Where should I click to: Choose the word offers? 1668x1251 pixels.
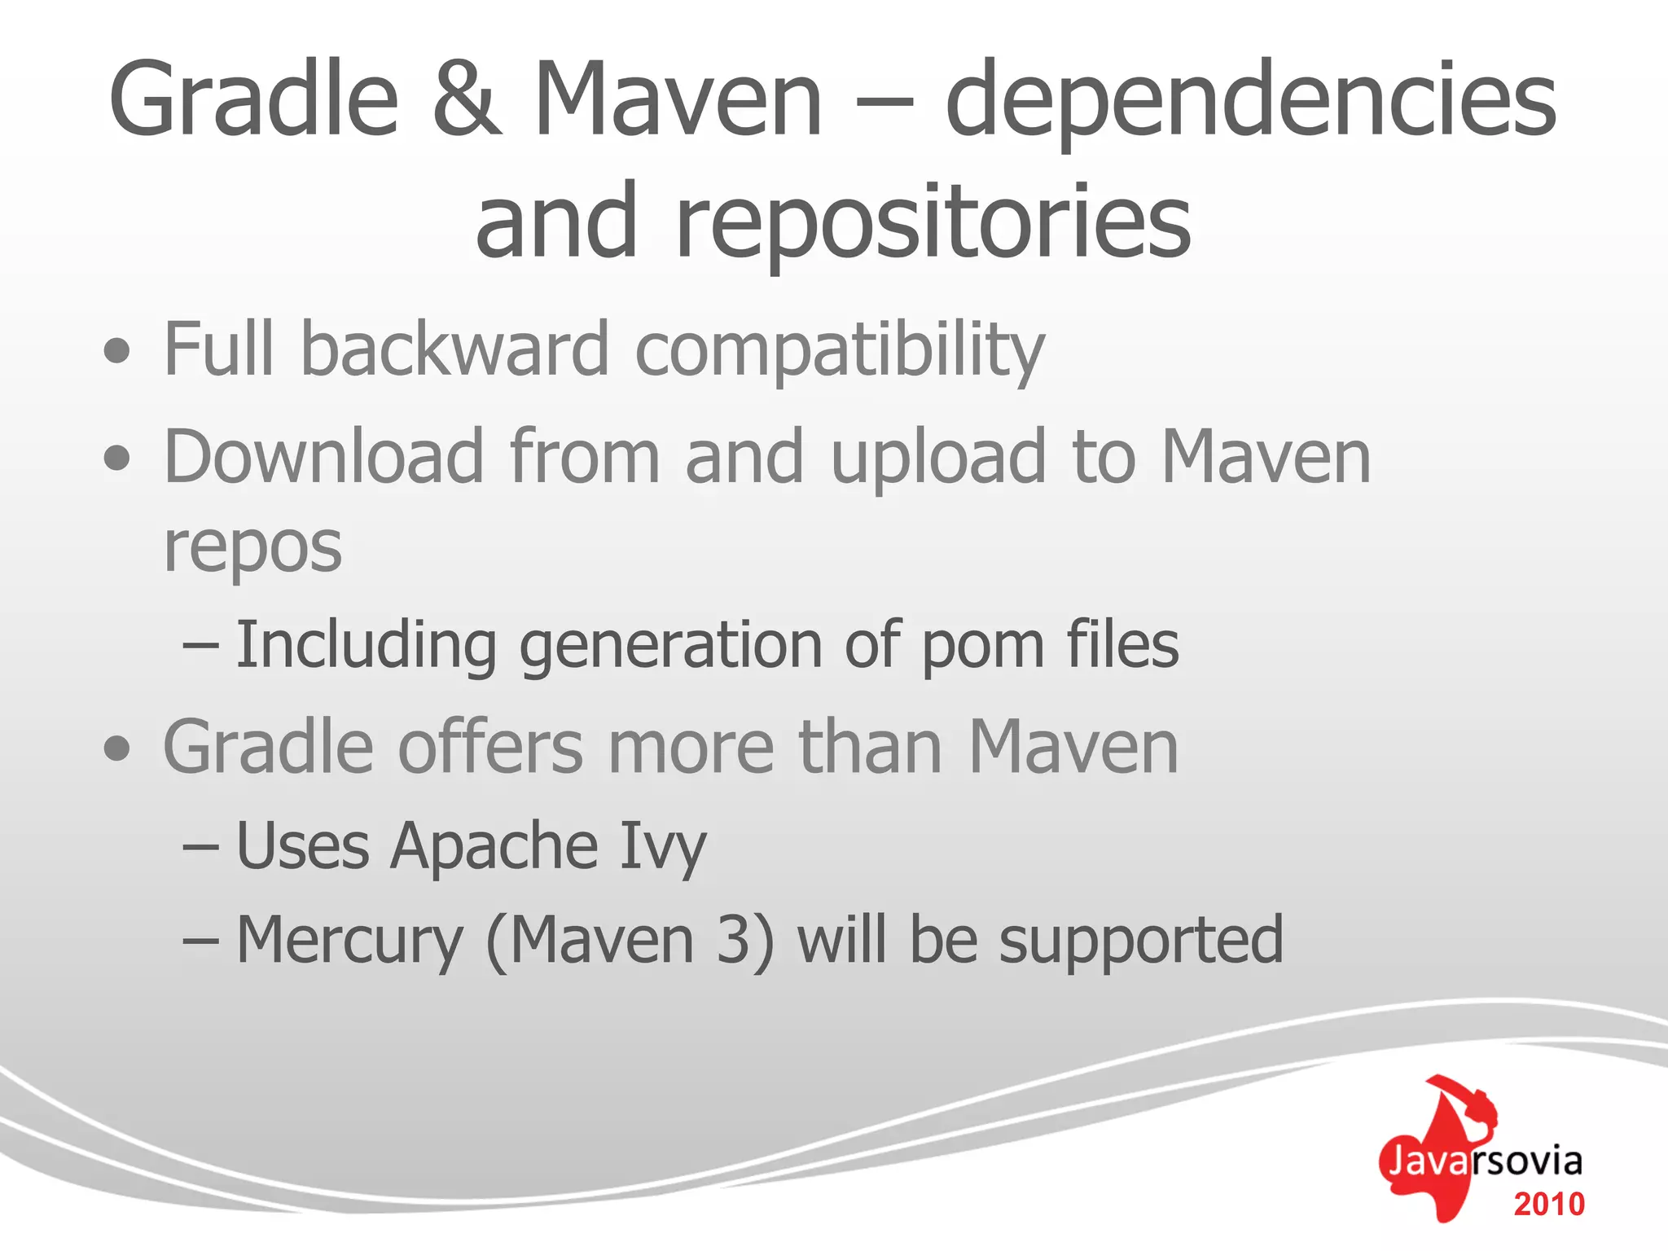[490, 747]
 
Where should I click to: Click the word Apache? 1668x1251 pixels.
[494, 846]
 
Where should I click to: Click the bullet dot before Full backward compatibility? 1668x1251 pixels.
[117, 351]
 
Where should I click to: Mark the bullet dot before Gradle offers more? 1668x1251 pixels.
[117, 748]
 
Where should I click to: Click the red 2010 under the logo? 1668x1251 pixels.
[1549, 1204]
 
